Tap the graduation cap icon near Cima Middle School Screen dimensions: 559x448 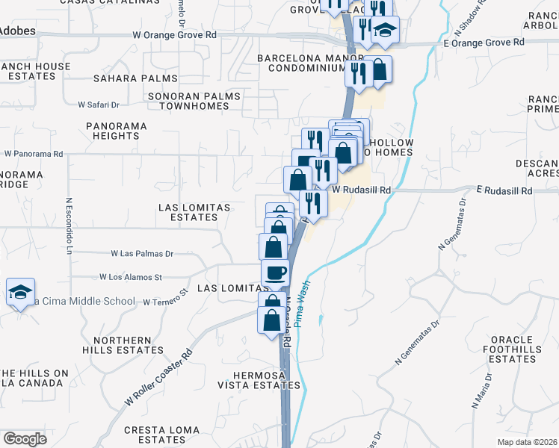[x=21, y=291]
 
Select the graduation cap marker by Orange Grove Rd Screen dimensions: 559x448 [x=386, y=31]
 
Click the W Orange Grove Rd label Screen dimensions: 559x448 [x=174, y=34]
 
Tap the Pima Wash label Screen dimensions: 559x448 [x=303, y=307]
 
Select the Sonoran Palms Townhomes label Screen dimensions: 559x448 [x=194, y=101]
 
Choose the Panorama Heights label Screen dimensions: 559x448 [x=117, y=131]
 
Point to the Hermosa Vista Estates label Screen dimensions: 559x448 [x=259, y=380]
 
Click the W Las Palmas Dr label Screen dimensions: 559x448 [x=142, y=254]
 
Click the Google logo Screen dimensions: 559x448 [x=25, y=439]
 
